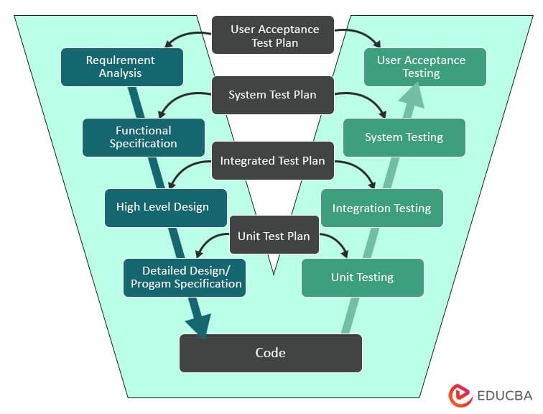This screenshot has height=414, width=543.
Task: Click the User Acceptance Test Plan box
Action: (x=274, y=35)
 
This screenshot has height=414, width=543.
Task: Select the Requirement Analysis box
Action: (x=121, y=67)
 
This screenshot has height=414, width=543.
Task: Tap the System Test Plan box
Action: (x=272, y=95)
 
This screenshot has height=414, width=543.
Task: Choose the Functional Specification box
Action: (x=143, y=137)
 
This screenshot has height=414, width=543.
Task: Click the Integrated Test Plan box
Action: (x=272, y=161)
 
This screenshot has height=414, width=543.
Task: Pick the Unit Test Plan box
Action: (x=274, y=235)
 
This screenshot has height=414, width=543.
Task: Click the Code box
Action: (x=270, y=352)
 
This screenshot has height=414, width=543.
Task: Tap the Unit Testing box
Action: (x=362, y=277)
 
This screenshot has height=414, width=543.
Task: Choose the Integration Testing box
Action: (x=381, y=208)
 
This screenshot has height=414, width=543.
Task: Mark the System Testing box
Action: (x=404, y=137)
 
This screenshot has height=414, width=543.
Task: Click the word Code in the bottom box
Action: (x=270, y=352)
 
